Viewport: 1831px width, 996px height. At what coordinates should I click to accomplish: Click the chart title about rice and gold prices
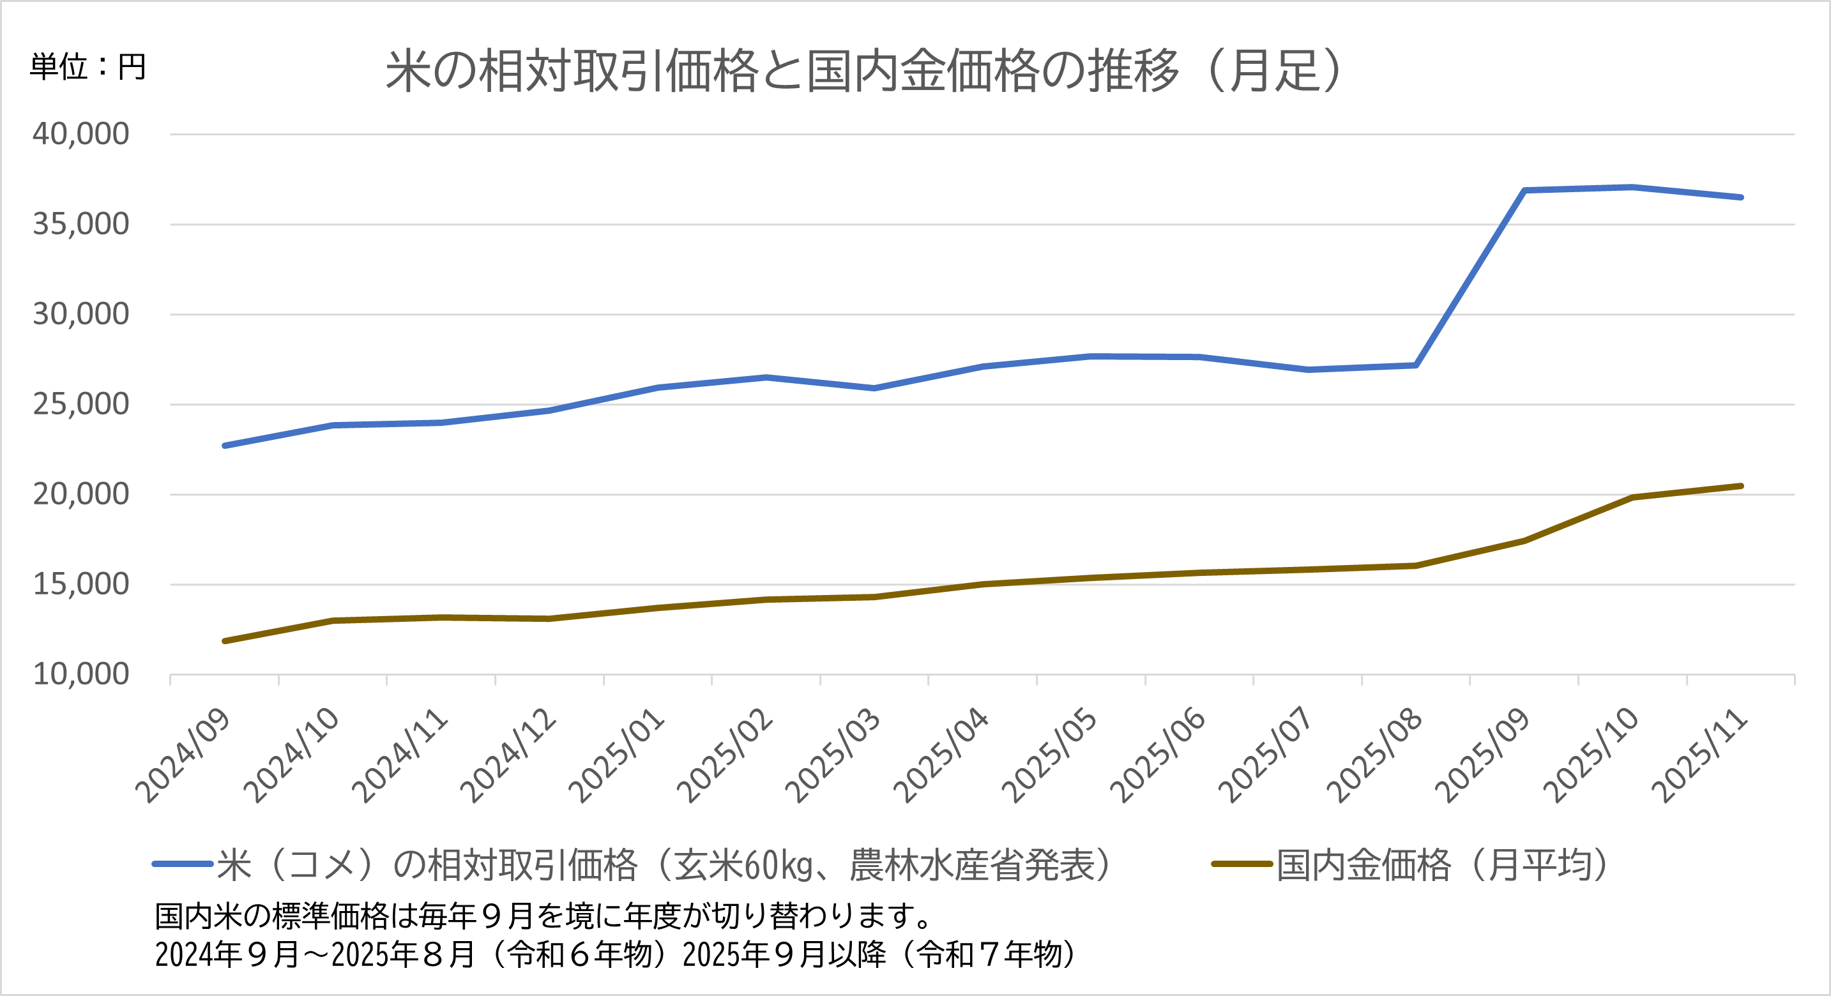click(863, 71)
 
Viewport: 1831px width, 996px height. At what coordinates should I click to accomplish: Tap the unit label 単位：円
click(87, 67)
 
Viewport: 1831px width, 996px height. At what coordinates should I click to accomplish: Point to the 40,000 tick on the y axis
click(81, 133)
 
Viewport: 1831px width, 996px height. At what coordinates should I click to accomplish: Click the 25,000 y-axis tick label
click(81, 404)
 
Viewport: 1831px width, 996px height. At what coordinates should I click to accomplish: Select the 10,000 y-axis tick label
click(81, 674)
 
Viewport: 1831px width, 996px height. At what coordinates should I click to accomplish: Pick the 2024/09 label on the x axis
click(183, 755)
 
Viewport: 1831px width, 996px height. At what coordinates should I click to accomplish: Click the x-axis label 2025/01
click(617, 755)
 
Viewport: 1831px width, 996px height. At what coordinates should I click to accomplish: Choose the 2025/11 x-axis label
click(1700, 755)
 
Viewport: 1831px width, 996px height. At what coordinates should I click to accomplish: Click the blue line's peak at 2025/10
click(1632, 188)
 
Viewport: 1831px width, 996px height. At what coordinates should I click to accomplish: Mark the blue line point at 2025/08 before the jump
click(1416, 365)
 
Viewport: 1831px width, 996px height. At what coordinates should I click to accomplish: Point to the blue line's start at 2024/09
click(225, 446)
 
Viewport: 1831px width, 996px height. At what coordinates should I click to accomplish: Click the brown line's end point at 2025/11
click(1741, 486)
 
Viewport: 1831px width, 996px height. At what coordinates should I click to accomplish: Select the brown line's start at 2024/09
click(225, 641)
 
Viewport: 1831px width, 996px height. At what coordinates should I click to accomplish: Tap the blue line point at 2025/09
click(1524, 190)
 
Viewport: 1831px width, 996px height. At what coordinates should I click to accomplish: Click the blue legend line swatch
click(183, 864)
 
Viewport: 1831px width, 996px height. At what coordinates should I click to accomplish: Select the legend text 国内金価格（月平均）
click(1443, 864)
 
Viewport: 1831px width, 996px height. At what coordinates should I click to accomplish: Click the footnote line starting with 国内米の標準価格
click(543, 916)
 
